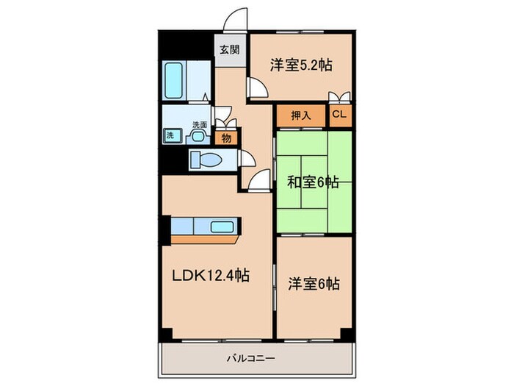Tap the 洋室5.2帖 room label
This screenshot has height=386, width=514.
(300, 65)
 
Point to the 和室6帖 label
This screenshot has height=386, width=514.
(311, 182)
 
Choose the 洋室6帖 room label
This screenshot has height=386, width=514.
(312, 283)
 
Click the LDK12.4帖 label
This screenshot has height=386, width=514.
(210, 276)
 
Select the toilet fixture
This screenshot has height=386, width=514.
(206, 160)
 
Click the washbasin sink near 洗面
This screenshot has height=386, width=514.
(198, 135)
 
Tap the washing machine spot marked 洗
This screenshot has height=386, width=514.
(170, 135)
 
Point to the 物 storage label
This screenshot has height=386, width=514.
(227, 137)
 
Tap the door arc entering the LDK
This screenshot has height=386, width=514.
(258, 179)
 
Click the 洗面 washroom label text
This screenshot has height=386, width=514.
(199, 124)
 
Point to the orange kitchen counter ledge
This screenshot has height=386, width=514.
(206, 239)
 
